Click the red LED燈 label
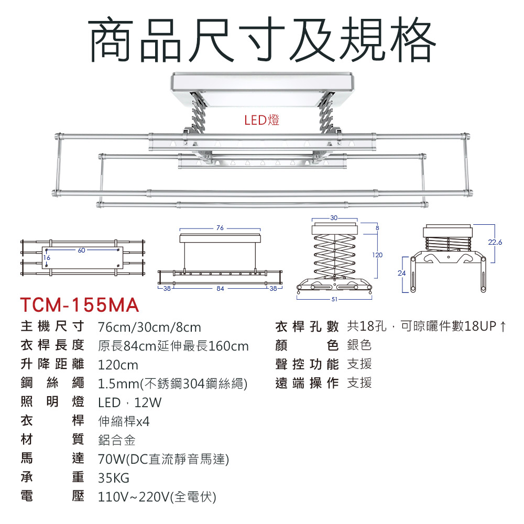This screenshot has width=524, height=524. [262, 121]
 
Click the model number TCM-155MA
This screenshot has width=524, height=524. [79, 305]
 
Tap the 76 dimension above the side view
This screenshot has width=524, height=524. [220, 228]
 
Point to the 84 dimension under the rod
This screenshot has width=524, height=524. [220, 288]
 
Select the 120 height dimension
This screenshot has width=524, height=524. [377, 255]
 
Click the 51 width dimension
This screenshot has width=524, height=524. [334, 299]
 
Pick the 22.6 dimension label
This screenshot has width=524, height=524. [495, 243]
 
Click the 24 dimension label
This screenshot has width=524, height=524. [402, 273]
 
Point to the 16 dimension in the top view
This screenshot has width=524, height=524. [47, 258]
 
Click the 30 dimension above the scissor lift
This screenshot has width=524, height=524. [334, 217]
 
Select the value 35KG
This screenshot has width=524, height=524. [114, 478]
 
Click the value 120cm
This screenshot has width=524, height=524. [118, 365]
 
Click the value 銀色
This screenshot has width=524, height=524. [359, 345]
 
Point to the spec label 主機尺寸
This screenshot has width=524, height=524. [52, 327]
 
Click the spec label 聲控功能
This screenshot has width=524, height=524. [307, 364]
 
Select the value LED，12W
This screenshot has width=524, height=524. [130, 402]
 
